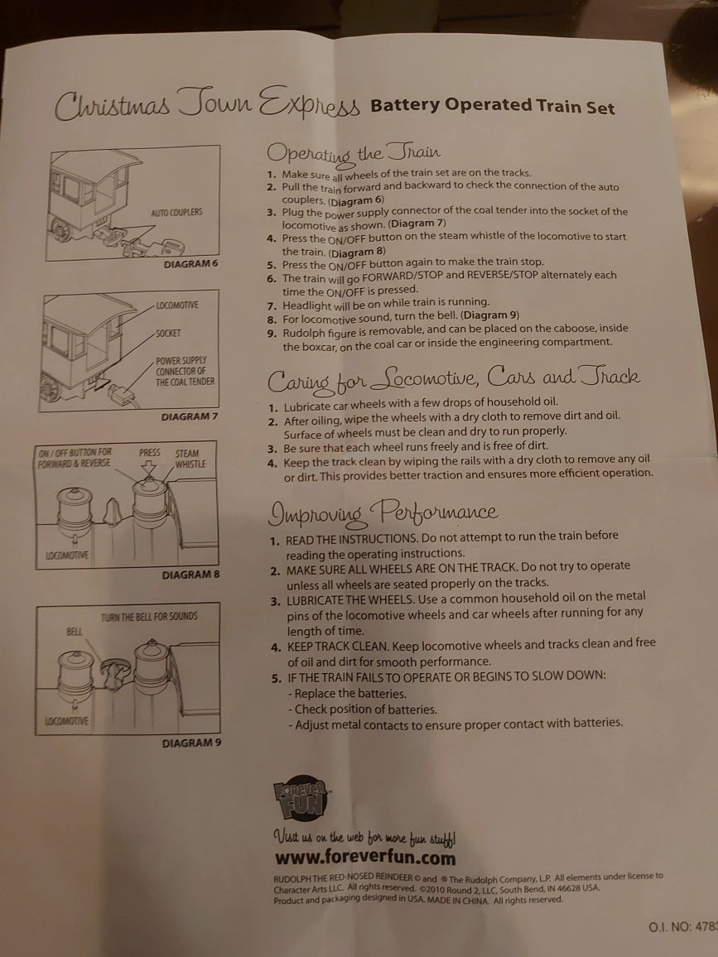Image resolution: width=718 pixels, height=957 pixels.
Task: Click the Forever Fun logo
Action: click(x=300, y=800)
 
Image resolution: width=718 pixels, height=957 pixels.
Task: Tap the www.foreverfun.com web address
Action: click(x=365, y=858)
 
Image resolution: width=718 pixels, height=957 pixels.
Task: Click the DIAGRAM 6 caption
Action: click(x=190, y=264)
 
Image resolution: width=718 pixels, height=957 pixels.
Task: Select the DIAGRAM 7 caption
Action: click(x=190, y=417)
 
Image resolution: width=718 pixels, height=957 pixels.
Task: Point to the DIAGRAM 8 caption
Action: click(x=190, y=575)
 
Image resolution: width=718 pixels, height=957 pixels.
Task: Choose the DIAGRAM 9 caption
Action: click(x=191, y=743)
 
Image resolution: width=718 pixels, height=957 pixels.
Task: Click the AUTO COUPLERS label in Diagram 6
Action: click(x=176, y=213)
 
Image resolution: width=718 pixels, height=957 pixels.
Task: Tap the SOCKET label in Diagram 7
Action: click(x=168, y=334)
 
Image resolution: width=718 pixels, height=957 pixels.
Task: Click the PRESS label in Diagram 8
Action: click(x=150, y=453)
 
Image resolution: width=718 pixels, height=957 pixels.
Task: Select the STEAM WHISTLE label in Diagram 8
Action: click(x=190, y=459)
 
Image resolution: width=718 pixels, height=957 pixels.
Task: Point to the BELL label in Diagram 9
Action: click(x=74, y=631)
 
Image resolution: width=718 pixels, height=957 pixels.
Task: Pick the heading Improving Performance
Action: click(x=383, y=513)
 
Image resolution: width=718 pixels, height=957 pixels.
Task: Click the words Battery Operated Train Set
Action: click(x=492, y=106)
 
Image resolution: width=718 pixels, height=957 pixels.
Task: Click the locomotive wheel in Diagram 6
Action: click(x=60, y=227)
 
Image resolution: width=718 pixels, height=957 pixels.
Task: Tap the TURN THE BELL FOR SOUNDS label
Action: click(x=149, y=617)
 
